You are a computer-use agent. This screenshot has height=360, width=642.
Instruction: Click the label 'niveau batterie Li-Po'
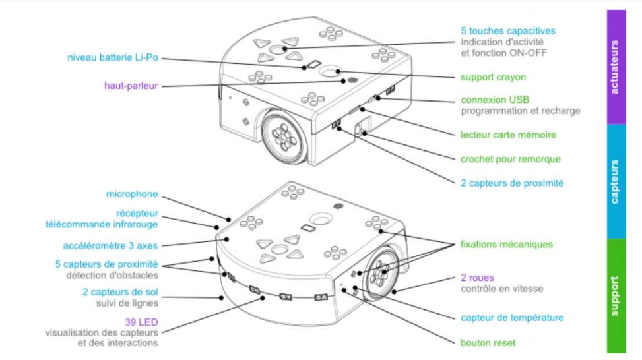click(113, 58)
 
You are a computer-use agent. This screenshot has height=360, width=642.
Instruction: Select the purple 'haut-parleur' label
click(131, 86)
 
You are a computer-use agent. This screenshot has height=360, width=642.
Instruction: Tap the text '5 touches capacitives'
click(507, 31)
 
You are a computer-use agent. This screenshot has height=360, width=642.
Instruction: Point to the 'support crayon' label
click(493, 77)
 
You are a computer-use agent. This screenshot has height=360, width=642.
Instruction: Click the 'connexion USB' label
click(494, 100)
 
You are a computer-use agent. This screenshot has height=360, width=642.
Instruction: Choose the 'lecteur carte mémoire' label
click(507, 135)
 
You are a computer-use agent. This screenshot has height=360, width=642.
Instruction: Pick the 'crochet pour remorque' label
click(510, 159)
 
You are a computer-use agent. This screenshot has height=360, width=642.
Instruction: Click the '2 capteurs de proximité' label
click(511, 183)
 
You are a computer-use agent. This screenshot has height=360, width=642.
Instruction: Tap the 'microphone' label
click(132, 194)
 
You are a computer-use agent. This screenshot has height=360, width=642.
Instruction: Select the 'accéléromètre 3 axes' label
click(110, 245)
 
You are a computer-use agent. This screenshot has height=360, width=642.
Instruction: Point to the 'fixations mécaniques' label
click(506, 244)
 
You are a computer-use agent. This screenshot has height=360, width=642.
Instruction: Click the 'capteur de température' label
click(512, 318)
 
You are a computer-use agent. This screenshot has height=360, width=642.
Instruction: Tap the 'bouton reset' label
click(488, 343)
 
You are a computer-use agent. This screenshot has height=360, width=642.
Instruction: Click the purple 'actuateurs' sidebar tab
click(616, 67)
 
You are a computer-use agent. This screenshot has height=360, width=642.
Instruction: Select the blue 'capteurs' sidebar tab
click(616, 181)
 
